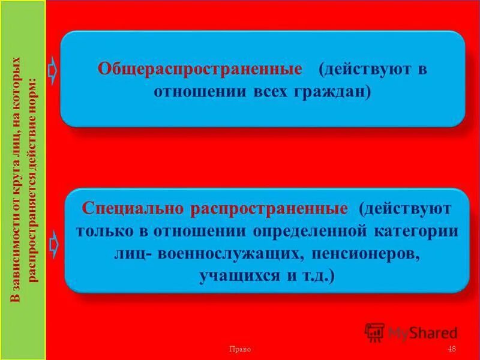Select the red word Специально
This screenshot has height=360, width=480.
pyautogui.click(x=133, y=209)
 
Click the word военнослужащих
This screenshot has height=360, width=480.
pyautogui.click(x=232, y=253)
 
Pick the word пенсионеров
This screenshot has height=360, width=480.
pyautogui.click(x=364, y=253)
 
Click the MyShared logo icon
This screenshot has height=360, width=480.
pyautogui.click(x=374, y=332)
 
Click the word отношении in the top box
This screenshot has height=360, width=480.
pyautogui.click(x=190, y=92)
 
